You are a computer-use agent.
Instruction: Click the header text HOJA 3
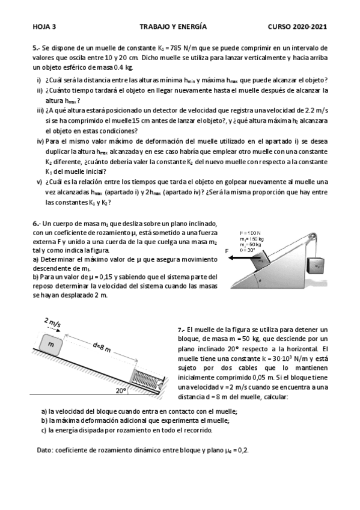[44, 26]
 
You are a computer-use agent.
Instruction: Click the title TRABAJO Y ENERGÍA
[173, 26]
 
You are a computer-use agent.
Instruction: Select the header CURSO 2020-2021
[297, 26]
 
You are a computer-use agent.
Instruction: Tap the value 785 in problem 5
[175, 49]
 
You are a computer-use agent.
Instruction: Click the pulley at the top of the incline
[313, 237]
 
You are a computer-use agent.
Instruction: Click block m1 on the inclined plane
[261, 260]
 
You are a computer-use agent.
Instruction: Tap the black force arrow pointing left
[245, 257]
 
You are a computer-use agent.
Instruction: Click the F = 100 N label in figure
[250, 233]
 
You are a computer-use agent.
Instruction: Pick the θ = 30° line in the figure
[247, 250]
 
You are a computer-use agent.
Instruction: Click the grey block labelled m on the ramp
[51, 344]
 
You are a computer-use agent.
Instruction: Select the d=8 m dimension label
[102, 348]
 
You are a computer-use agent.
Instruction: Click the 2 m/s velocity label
[53, 323]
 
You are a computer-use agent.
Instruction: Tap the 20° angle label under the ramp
[121, 391]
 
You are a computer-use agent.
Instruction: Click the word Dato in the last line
[45, 450]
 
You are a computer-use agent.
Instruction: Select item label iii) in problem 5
[40, 111]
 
